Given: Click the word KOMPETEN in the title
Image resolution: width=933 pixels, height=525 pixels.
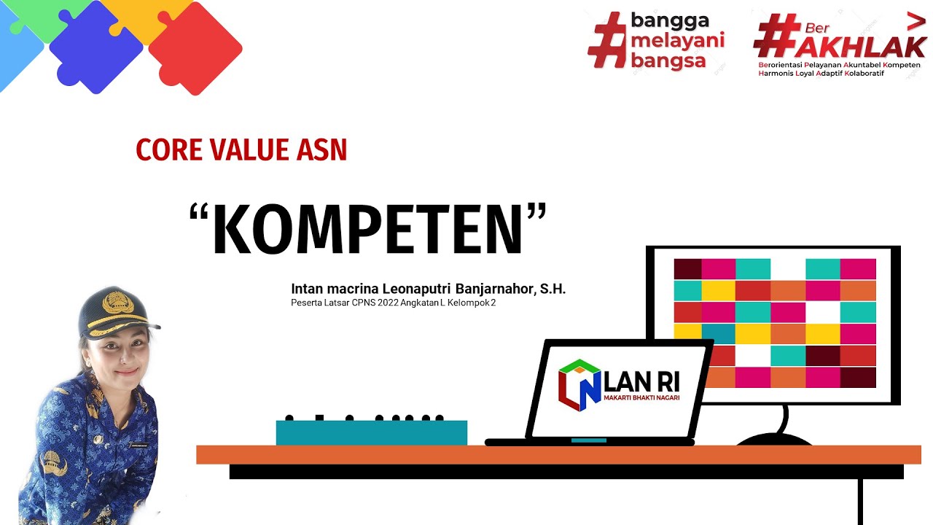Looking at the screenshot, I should [x=367, y=230].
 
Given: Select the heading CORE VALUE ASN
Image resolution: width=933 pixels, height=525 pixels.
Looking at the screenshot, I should [x=241, y=149].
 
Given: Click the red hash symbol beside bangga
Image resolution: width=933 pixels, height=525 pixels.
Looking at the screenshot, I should [x=607, y=40].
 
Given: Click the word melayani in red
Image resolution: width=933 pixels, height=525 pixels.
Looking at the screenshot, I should [x=677, y=40].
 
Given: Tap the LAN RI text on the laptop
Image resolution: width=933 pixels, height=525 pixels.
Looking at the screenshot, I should [x=642, y=380].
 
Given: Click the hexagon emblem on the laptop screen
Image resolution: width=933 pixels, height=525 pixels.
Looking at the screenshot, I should [x=579, y=384].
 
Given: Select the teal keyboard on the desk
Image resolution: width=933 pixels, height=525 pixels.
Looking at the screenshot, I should [x=371, y=432].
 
